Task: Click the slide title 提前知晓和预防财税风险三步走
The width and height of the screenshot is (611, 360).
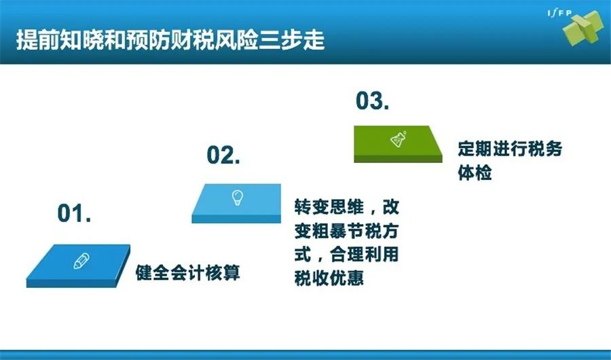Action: click(x=170, y=39)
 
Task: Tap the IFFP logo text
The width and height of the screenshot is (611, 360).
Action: click(x=559, y=14)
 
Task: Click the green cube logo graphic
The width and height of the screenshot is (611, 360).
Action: click(x=583, y=28)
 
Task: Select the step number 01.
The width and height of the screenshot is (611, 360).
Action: click(x=74, y=213)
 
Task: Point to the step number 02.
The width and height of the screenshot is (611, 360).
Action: click(x=223, y=155)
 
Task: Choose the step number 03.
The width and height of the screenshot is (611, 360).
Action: click(x=372, y=101)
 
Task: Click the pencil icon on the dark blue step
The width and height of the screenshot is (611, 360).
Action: click(x=81, y=261)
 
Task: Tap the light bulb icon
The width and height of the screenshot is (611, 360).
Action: click(x=238, y=198)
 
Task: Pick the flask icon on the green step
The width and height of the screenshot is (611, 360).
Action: click(x=399, y=139)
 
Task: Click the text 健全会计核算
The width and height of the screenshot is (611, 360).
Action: click(x=187, y=272)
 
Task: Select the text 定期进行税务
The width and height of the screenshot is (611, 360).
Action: click(x=510, y=149)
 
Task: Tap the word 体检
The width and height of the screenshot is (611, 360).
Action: click(x=475, y=173)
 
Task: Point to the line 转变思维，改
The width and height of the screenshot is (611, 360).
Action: click(x=347, y=207)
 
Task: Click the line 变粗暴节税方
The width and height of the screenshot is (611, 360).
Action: click(x=346, y=232)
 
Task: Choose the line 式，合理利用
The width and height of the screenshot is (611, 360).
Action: click(x=346, y=255)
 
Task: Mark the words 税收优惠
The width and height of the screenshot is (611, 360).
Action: click(x=329, y=278)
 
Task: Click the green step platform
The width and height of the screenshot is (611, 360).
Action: click(x=398, y=144)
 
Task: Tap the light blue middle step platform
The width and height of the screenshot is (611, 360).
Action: click(x=236, y=203)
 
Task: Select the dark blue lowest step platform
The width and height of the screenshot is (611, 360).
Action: click(x=78, y=266)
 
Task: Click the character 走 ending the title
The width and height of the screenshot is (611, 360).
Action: click(x=314, y=39)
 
